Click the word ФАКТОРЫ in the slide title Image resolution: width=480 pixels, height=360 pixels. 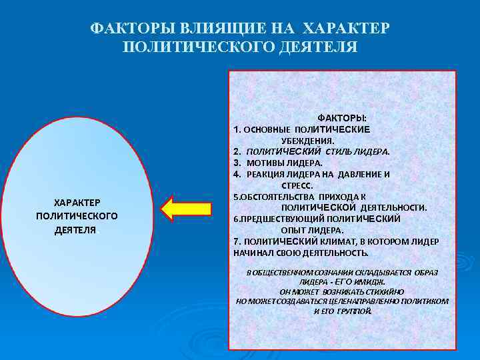point(124,30)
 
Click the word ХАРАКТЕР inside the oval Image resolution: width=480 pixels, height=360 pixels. point(77,202)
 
